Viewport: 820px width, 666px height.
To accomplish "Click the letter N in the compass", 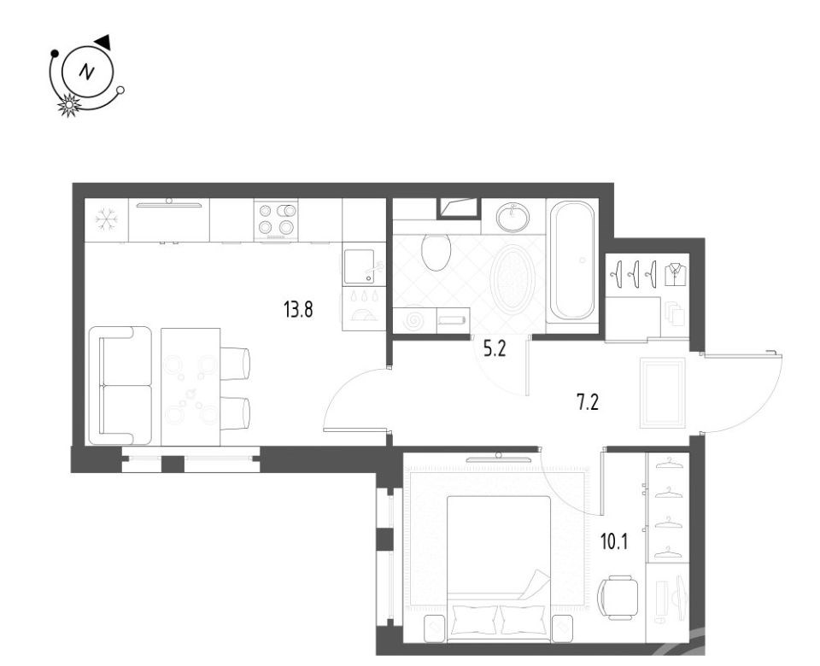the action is (87, 72).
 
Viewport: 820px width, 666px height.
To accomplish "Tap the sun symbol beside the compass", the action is (69, 105).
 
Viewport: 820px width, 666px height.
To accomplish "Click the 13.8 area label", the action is (298, 310).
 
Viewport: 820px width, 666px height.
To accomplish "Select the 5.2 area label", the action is (495, 349).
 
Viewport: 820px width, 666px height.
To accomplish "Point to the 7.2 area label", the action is (588, 402).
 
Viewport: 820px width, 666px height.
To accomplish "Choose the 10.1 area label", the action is (614, 542).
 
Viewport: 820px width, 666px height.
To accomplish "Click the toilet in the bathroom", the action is (436, 251).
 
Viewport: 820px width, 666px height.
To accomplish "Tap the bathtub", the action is (571, 260).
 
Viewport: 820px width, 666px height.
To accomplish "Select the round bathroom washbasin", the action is (512, 218).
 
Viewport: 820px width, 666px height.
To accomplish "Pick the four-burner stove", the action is (276, 219).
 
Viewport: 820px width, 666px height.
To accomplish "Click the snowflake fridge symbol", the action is (106, 219).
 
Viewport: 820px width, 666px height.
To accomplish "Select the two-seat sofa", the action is (120, 386).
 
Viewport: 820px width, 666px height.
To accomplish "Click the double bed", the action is (499, 569).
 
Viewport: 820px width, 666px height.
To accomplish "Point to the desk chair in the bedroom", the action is (618, 597).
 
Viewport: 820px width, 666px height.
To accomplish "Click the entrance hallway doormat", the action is (663, 393).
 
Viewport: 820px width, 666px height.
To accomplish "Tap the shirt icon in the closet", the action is (675, 274).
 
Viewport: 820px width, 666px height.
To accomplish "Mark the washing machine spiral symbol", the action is (415, 320).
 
